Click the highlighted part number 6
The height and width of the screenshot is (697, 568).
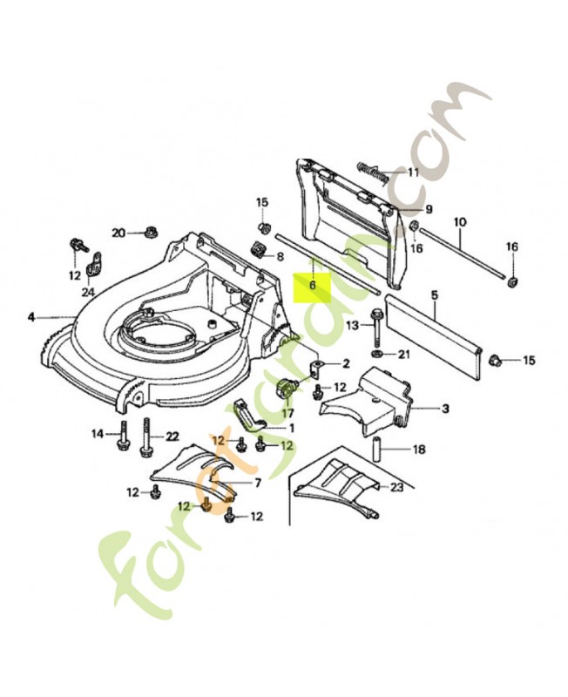(312, 285)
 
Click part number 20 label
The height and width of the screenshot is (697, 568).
(118, 232)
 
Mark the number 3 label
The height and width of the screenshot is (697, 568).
(445, 408)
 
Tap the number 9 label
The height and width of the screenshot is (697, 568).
(429, 209)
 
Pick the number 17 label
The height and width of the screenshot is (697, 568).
(287, 412)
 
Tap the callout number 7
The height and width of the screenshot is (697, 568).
(257, 483)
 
